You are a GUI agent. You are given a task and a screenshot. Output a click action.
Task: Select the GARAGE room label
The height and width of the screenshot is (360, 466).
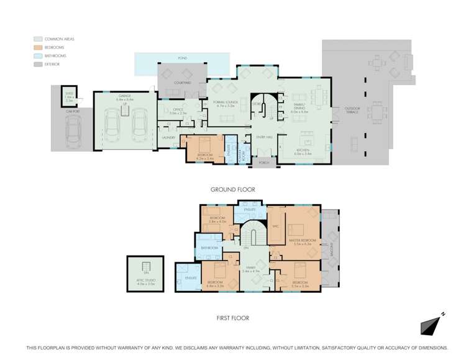click(x=125, y=96)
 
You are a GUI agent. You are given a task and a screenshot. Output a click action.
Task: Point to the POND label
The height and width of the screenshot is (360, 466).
click(x=182, y=58)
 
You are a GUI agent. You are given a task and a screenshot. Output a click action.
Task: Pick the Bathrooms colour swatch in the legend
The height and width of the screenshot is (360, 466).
click(x=39, y=55)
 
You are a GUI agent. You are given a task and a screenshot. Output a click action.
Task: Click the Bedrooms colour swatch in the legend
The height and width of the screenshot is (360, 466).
click(x=39, y=47)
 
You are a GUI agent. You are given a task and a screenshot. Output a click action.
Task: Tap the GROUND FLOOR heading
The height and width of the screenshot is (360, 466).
click(x=233, y=189)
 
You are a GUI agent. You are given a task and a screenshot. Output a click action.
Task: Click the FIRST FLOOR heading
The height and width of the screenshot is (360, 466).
click(x=233, y=318)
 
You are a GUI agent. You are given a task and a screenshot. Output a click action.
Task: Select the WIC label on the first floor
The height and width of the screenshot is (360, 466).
click(x=275, y=226)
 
